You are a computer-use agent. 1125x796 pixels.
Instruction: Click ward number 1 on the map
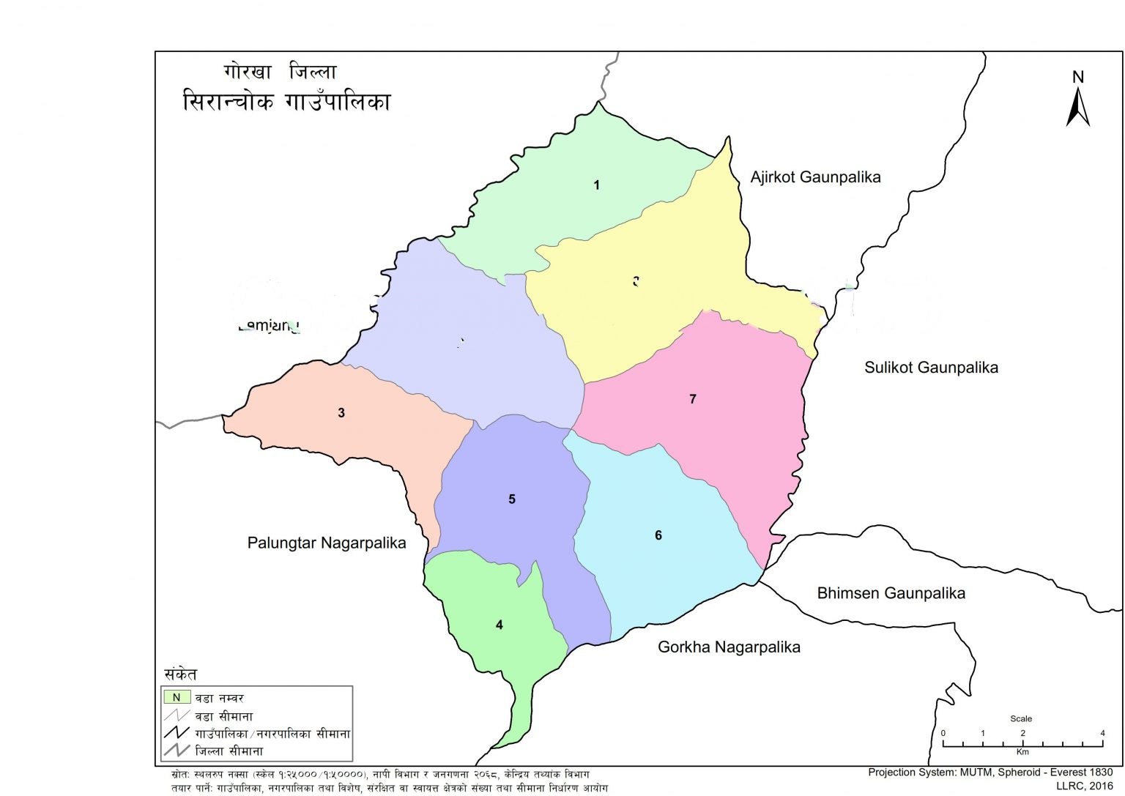(x=597, y=185)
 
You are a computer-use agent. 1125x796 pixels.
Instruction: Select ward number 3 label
(x=341, y=413)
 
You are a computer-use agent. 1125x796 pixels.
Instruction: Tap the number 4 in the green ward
(x=500, y=625)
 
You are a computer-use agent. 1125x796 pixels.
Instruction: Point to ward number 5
(x=512, y=499)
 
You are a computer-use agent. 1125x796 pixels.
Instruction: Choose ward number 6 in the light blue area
(x=658, y=535)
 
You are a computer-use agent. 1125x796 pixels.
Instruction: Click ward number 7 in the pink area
(x=693, y=399)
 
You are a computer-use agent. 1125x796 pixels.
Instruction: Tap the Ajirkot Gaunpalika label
(x=815, y=177)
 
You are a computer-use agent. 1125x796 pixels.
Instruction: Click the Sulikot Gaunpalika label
(x=931, y=368)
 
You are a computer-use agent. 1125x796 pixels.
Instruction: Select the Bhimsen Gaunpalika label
(x=891, y=593)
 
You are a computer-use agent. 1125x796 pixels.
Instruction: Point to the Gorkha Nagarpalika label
(x=729, y=647)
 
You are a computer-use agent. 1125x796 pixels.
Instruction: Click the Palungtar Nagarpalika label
(x=327, y=543)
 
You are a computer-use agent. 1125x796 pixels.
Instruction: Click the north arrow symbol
(x=1077, y=108)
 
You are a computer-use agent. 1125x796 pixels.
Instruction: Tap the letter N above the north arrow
(x=1077, y=77)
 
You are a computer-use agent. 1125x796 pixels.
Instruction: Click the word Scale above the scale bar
(x=1021, y=718)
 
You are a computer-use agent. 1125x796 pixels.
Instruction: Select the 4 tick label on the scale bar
(x=1102, y=733)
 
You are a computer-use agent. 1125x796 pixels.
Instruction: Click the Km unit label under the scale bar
(x=1022, y=752)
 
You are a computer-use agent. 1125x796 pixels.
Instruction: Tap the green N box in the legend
(x=177, y=698)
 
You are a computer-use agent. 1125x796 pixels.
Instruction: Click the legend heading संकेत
(x=180, y=674)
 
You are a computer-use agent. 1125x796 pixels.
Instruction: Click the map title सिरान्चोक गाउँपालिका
(x=286, y=101)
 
